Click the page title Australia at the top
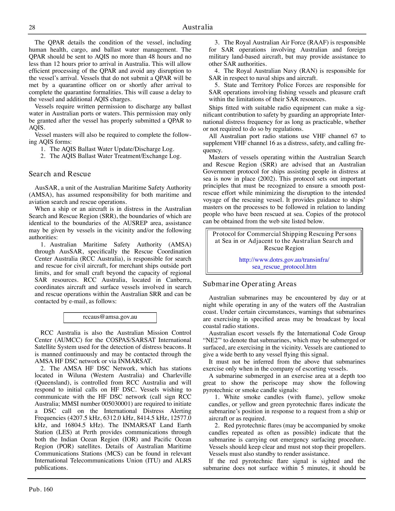tap(198, 27)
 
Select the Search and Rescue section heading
tap(60, 174)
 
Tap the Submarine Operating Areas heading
tap(250, 284)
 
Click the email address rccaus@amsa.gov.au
tap(110, 317)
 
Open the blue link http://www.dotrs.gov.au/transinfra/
tap(284, 260)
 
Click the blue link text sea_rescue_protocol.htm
tap(284, 267)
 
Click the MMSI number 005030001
tap(122, 404)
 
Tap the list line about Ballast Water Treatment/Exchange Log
tap(115, 156)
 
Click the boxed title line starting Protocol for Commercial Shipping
tap(284, 234)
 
